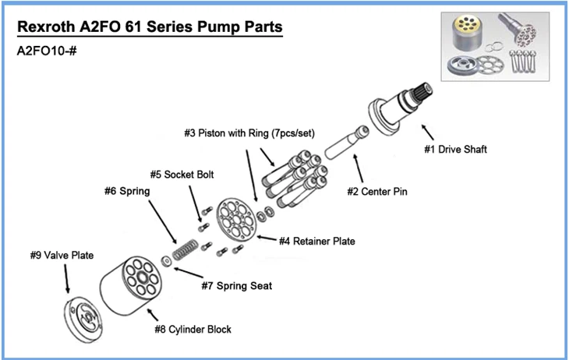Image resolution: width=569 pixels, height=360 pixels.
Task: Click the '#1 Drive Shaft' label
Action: (x=456, y=150)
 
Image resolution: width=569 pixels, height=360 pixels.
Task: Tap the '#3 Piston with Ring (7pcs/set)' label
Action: (x=249, y=132)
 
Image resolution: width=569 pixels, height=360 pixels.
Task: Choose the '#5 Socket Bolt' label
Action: (x=182, y=174)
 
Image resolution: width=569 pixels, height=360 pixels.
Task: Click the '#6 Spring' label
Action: (x=127, y=189)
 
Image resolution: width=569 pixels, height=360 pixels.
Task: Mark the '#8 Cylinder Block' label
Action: (x=193, y=329)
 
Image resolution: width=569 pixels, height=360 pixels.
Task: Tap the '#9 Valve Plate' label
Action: (x=62, y=255)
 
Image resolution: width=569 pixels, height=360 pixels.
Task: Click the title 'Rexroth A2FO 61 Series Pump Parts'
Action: (x=149, y=29)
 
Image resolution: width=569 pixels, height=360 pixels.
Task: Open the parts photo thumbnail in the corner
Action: (x=497, y=46)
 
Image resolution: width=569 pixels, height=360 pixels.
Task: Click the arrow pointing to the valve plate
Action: (x=66, y=278)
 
